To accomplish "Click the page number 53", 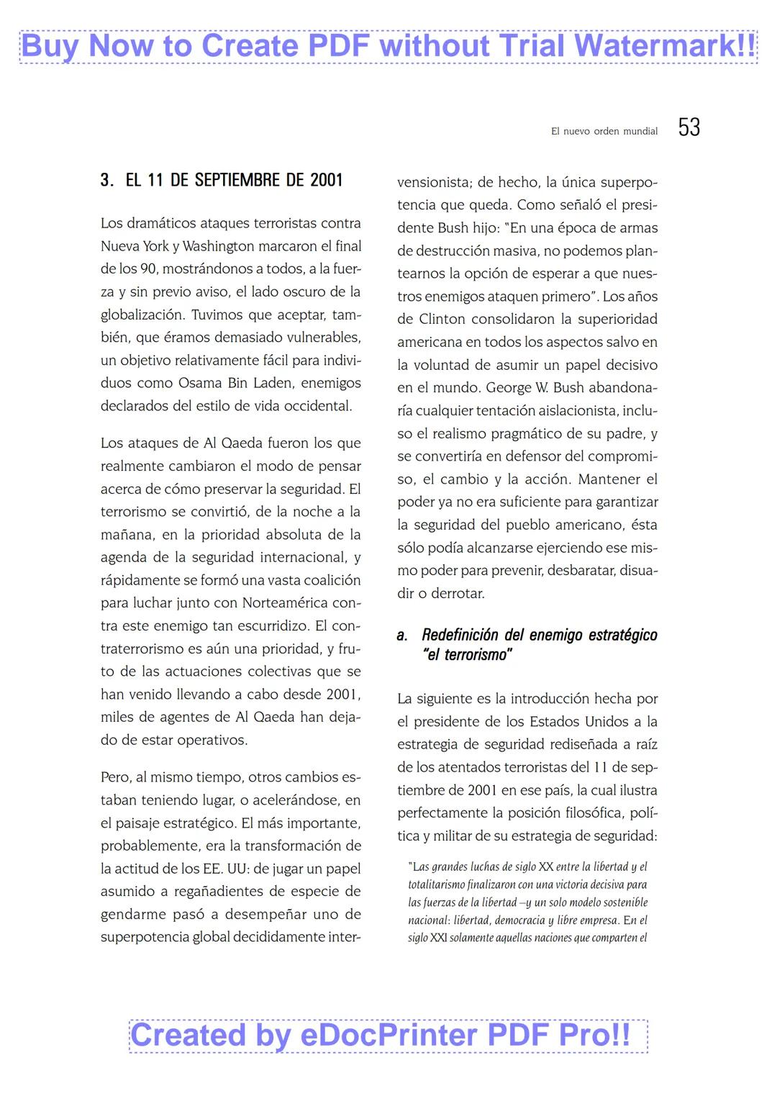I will (689, 127).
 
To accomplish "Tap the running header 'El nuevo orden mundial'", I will (604, 131).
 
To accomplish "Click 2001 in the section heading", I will (326, 180).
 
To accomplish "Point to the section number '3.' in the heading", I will (106, 180).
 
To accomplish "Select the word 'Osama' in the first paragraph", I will (200, 383).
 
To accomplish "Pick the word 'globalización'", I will (142, 315).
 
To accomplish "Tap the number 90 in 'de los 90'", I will (147, 269).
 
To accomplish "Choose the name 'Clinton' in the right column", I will (445, 319).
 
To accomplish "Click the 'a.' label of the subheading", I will (402, 636).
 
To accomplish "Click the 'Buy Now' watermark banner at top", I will (388, 46).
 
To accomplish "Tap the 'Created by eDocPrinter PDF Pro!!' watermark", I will (388, 1036).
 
